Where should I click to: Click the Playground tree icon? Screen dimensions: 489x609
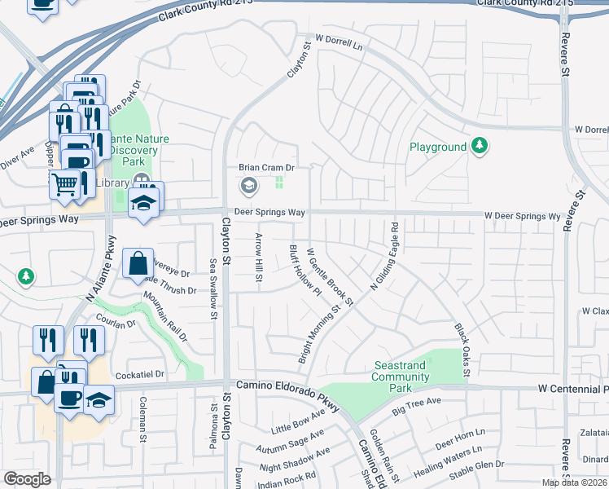(480, 147)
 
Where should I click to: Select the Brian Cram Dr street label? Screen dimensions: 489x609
(265, 168)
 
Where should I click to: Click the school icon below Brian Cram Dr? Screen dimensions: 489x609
(248, 187)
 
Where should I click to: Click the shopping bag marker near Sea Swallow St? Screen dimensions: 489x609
(138, 262)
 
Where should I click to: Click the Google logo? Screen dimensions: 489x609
(27, 478)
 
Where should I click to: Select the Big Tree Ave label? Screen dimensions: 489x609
(415, 402)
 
